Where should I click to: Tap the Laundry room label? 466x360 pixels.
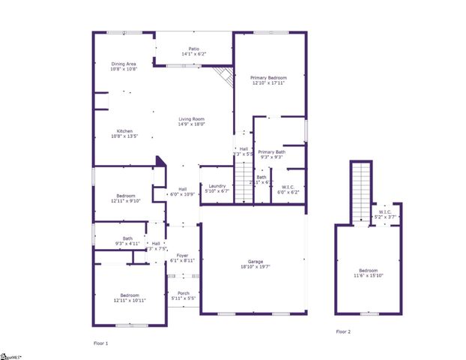tap(217, 187)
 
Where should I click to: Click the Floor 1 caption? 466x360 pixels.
tap(100, 343)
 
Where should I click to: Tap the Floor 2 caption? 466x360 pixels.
tap(342, 331)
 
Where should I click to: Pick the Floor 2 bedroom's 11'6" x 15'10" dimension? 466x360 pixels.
tap(368, 274)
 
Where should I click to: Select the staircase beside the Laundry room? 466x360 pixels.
tap(244, 183)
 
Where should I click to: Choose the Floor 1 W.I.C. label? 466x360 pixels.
tap(288, 189)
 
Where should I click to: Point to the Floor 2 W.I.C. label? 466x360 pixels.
tap(385, 214)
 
